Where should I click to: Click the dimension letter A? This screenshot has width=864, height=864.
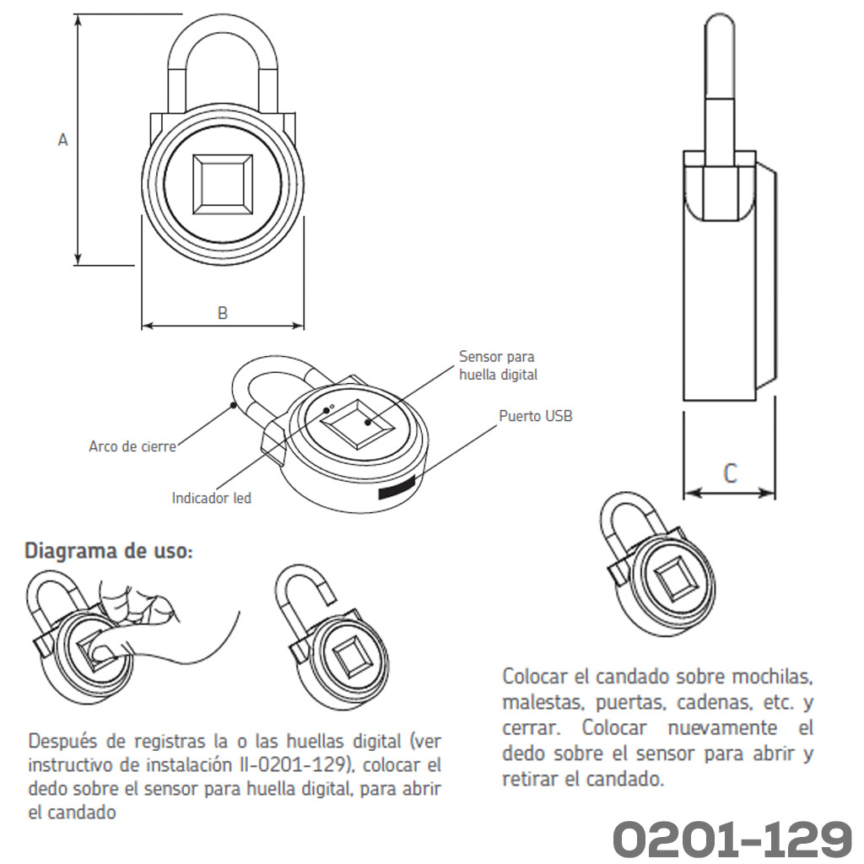[62, 139]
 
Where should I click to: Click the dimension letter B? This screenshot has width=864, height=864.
[223, 313]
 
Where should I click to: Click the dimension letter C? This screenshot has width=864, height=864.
[730, 473]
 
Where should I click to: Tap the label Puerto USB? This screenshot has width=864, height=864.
[536, 415]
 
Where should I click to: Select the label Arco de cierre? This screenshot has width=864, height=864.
[132, 445]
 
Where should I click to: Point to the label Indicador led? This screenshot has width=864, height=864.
[212, 498]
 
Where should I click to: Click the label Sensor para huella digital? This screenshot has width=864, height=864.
[498, 365]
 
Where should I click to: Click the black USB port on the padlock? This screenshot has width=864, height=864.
[396, 490]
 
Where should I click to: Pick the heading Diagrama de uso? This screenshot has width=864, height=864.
[109, 551]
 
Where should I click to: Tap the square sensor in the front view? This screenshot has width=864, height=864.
[223, 185]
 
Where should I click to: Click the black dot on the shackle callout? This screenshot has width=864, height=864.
[234, 406]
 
